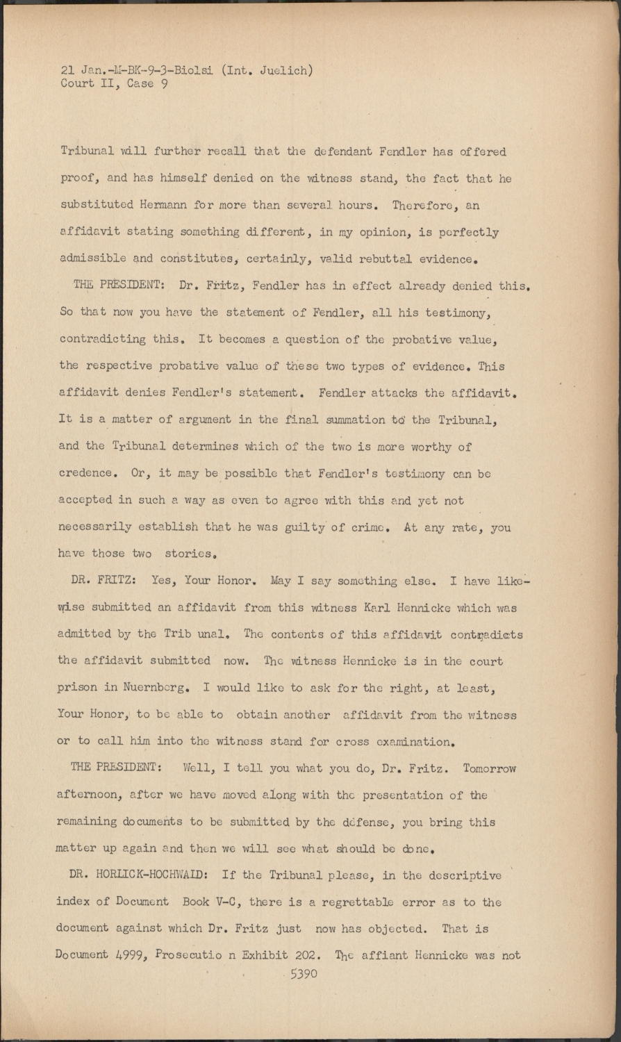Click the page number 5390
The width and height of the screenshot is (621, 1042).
point(304,973)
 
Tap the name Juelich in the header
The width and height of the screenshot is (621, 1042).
point(285,69)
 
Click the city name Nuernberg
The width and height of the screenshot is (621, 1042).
point(151,688)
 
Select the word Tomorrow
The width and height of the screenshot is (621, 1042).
point(490,769)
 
